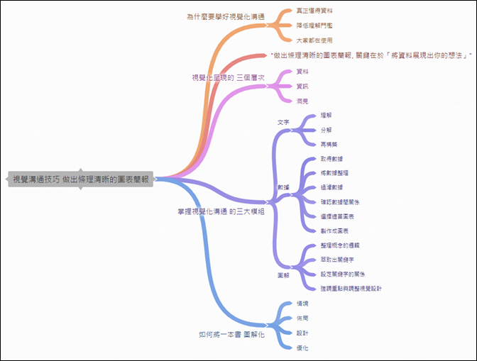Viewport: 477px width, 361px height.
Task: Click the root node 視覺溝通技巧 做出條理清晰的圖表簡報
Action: (81, 179)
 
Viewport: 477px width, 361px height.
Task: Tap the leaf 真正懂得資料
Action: (314, 11)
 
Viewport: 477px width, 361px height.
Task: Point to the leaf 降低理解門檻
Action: (314, 26)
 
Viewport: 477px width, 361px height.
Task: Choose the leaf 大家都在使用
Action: (314, 40)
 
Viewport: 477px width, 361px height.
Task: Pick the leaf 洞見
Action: (302, 101)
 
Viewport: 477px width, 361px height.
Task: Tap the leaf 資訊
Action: (302, 86)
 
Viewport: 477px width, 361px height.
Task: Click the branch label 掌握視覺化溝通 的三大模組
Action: (221, 211)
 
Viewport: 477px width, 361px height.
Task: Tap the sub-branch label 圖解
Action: (283, 274)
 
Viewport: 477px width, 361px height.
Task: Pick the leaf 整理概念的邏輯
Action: (341, 245)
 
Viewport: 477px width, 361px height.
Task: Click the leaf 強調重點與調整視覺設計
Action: (351, 289)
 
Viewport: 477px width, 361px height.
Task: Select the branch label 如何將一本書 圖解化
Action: (231, 333)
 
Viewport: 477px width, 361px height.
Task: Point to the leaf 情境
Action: (302, 304)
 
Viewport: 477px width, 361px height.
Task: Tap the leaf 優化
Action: (302, 348)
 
